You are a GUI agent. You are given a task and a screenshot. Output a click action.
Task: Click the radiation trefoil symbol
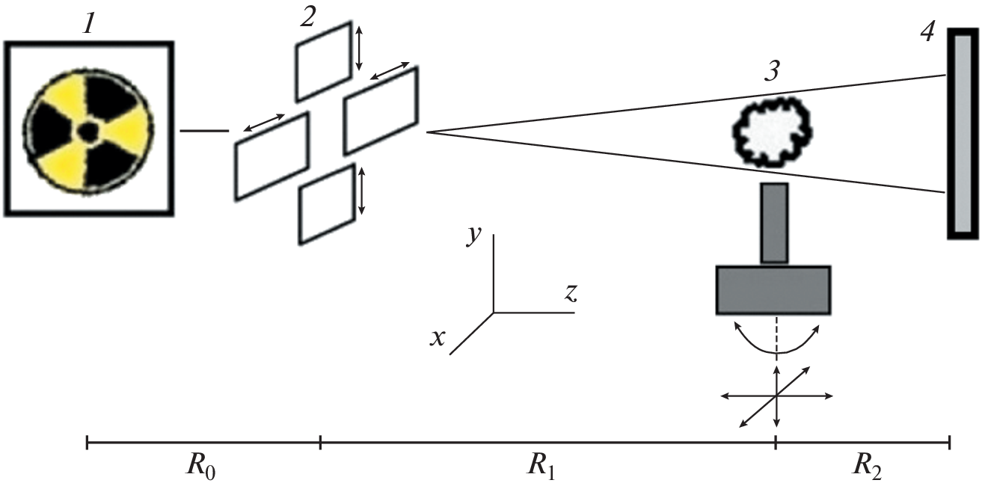[x=89, y=130]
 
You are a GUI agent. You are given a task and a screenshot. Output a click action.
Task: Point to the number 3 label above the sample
[x=773, y=72]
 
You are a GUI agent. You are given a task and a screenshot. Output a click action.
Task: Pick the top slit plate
[x=324, y=61]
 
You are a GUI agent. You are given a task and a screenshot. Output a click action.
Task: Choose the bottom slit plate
[x=327, y=204]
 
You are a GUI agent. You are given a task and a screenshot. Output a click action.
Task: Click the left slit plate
[x=272, y=156]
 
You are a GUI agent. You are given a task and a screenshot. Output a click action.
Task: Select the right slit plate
[x=381, y=110]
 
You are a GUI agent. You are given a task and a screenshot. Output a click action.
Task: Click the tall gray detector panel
[x=963, y=133]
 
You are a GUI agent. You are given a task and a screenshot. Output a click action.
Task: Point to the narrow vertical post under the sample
[x=774, y=223]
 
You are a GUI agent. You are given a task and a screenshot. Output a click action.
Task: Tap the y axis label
[x=473, y=235]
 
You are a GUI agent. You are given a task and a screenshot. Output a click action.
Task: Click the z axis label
[x=571, y=293]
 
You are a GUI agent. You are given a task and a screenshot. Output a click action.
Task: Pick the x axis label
[x=438, y=339]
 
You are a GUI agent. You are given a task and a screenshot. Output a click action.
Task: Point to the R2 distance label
[x=868, y=470]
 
